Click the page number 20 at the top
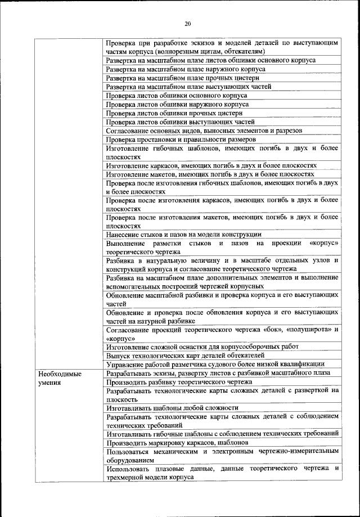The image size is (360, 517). point(188,23)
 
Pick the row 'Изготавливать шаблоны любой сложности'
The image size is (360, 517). point(172,407)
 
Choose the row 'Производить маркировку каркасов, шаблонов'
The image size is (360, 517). point(178,443)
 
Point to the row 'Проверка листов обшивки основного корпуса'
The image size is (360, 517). point(176,95)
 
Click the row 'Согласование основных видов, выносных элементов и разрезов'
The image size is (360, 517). point(204,130)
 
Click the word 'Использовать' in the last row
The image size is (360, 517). point(130,468)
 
